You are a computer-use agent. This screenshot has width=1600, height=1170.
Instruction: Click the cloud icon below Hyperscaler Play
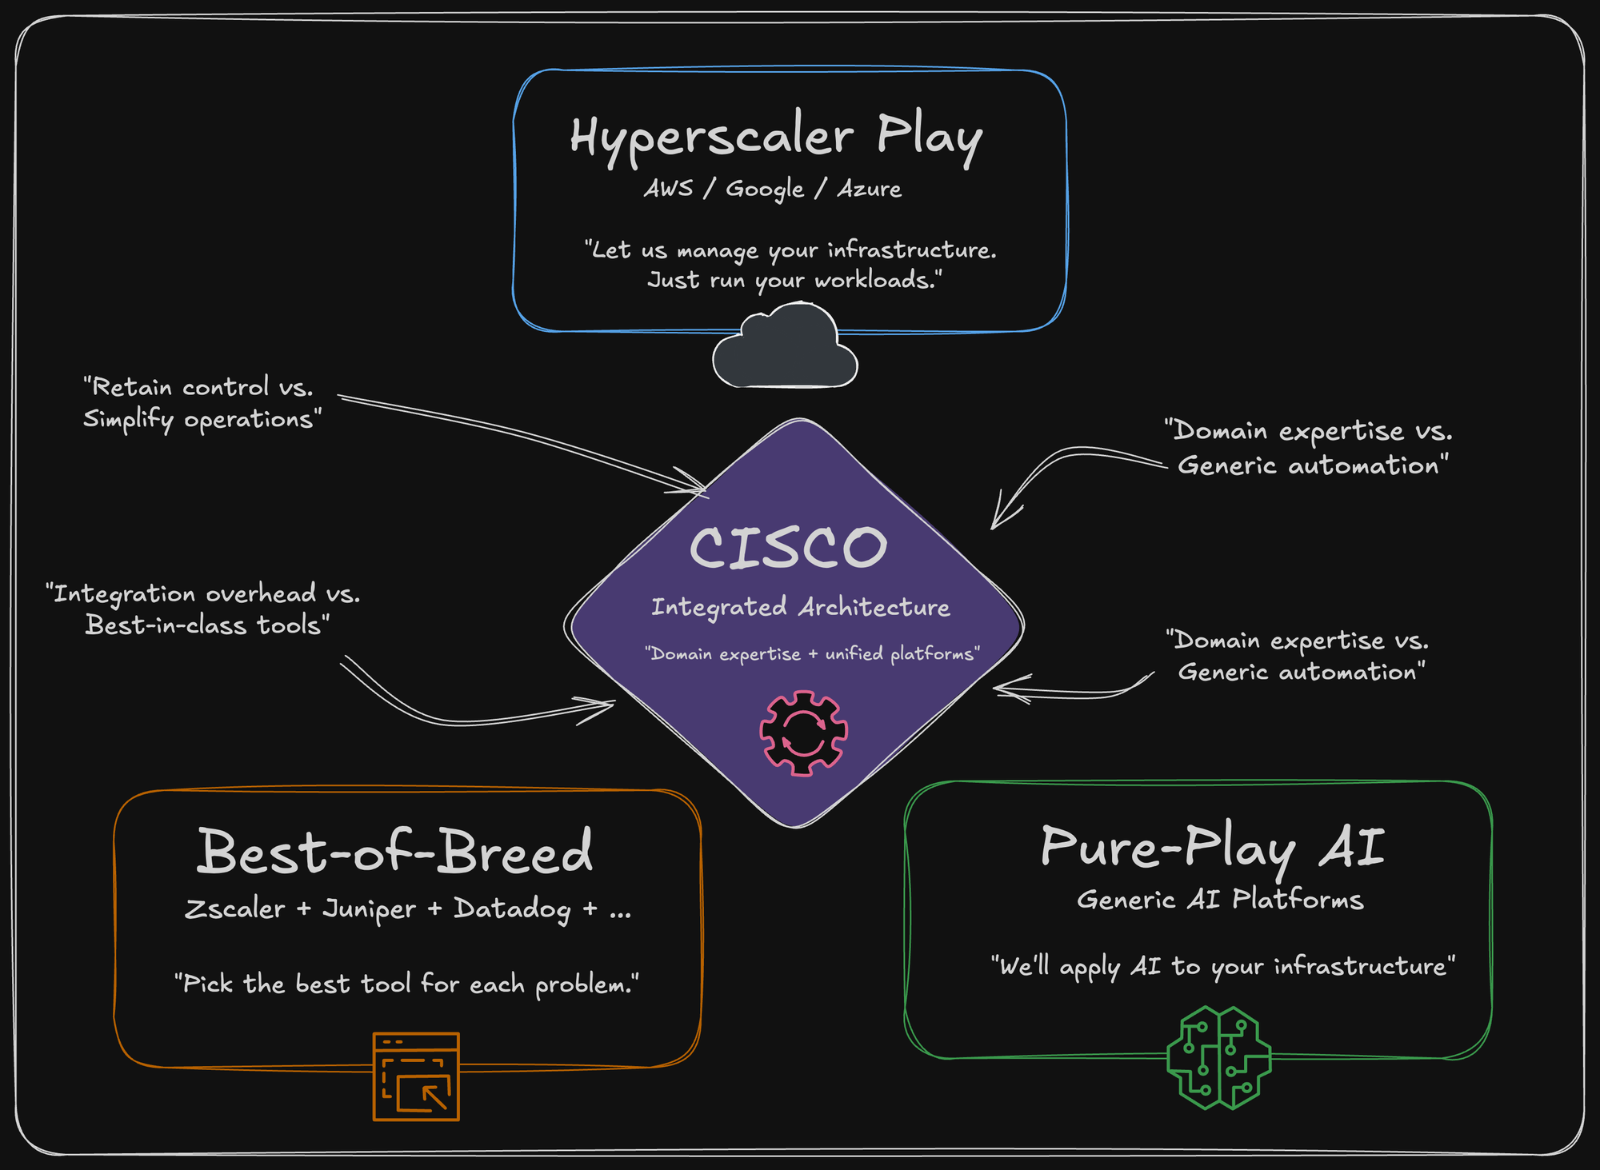point(785,348)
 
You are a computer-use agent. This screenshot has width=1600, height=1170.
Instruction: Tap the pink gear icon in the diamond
point(803,733)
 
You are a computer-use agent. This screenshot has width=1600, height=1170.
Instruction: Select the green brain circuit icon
point(1218,1057)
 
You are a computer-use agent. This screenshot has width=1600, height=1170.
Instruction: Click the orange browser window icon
point(416,1076)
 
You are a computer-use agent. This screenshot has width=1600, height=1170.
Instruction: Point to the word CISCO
point(788,548)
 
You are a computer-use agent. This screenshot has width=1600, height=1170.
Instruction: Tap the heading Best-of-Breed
point(395,852)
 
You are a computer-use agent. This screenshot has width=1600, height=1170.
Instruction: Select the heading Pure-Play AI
point(1212,848)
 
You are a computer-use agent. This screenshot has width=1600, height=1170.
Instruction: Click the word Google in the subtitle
point(765,190)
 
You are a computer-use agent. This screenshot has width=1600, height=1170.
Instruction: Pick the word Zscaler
point(234,909)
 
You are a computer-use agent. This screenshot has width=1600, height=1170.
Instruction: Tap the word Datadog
point(512,909)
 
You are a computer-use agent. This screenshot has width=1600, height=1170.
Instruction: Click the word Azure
point(870,189)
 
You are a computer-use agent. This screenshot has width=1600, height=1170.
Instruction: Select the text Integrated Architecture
point(800,607)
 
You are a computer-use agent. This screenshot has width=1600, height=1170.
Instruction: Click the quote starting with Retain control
point(201,403)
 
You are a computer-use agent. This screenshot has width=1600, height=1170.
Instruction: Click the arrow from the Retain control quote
point(520,436)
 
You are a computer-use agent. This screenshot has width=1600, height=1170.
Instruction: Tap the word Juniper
point(369,909)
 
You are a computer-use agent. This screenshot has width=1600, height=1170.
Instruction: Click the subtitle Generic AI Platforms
point(1220,900)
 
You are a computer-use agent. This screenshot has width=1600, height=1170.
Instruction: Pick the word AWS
point(669,189)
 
